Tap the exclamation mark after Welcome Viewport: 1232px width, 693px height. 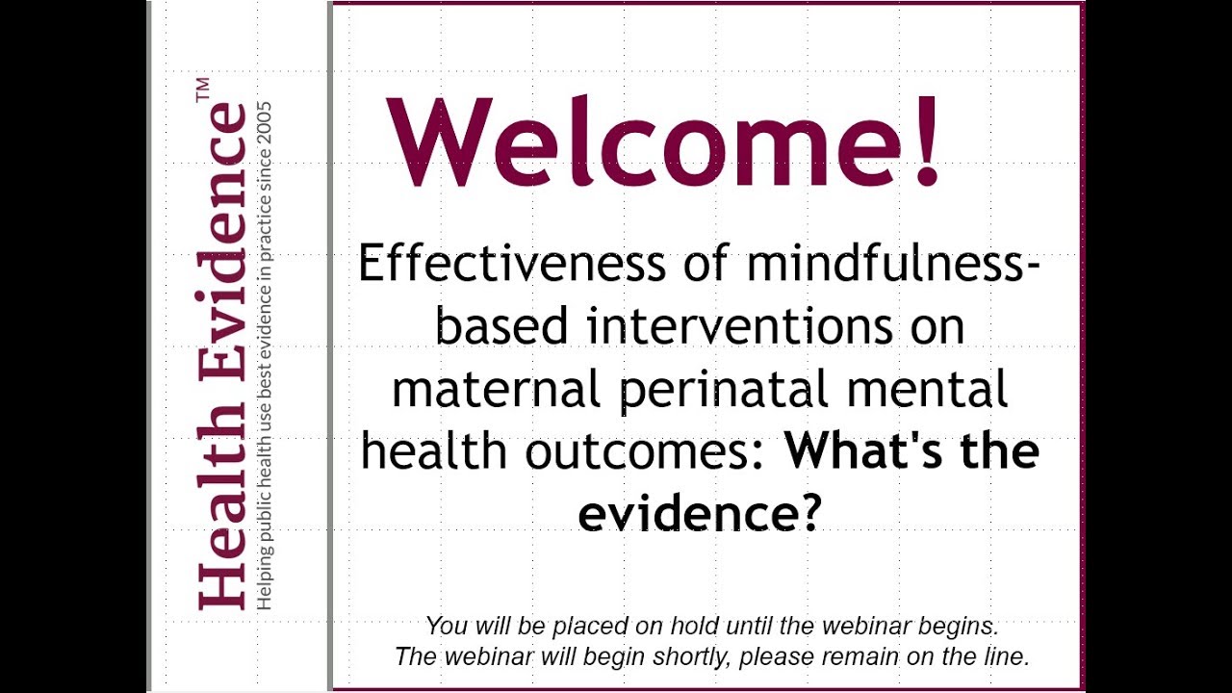[x=926, y=142]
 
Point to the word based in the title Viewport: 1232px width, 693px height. [x=501, y=326]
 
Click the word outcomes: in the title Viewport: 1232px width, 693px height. [x=646, y=451]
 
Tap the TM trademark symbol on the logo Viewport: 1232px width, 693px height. [x=203, y=90]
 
